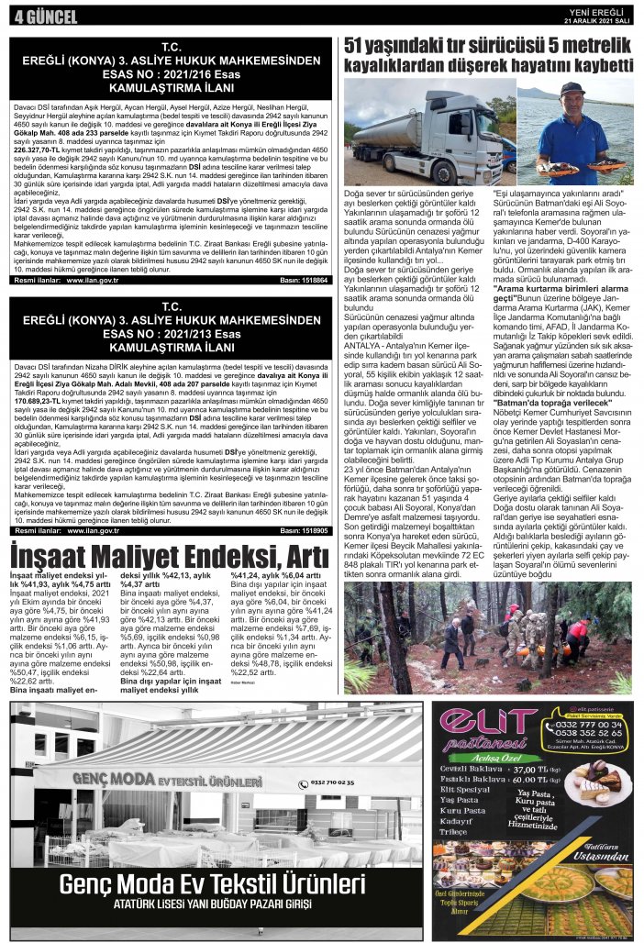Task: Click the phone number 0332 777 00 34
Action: [586, 726]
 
